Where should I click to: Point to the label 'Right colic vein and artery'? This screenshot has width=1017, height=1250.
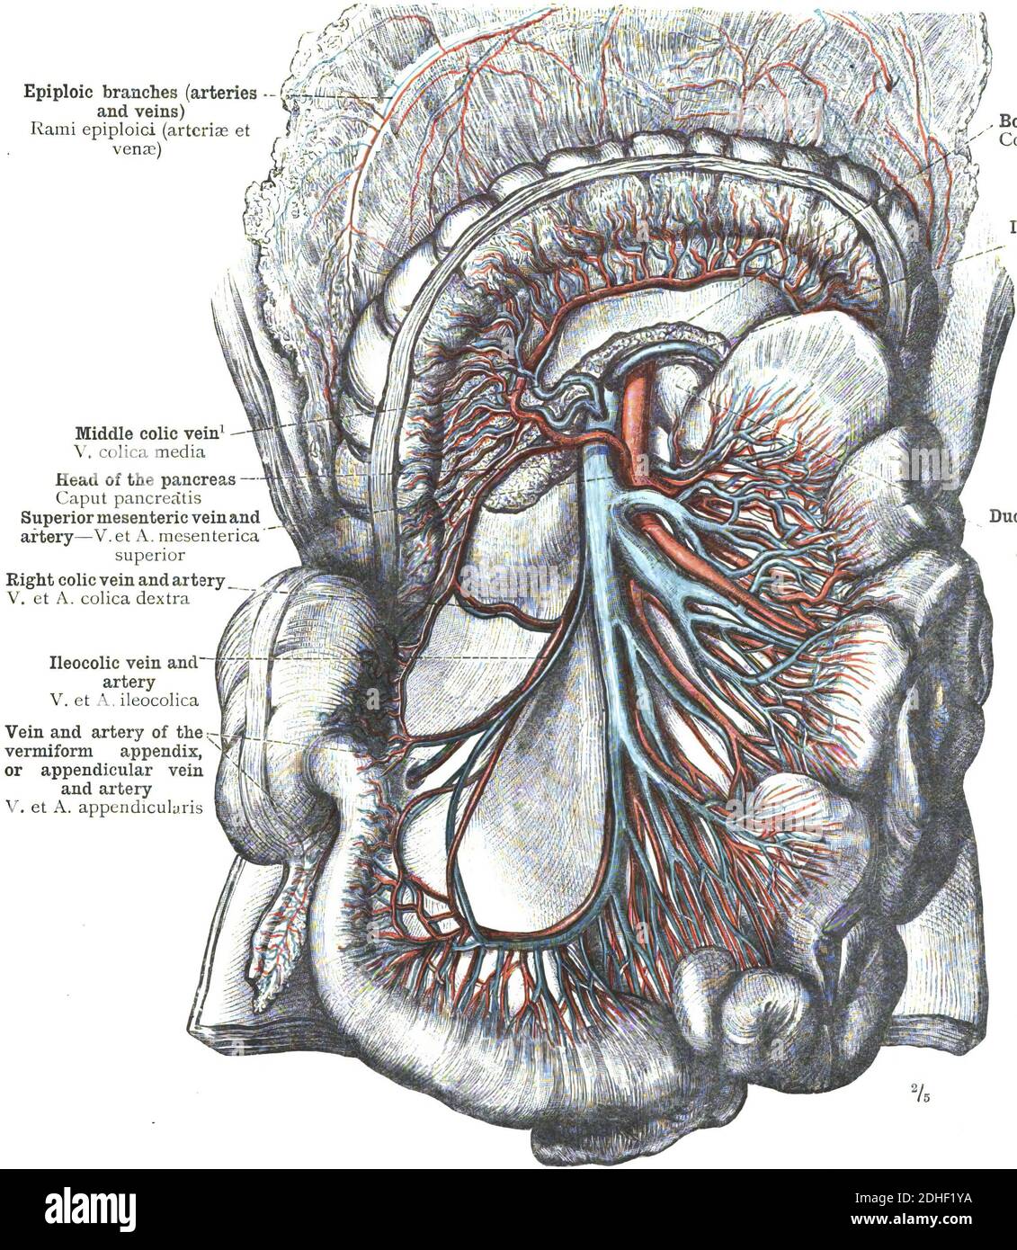(x=114, y=581)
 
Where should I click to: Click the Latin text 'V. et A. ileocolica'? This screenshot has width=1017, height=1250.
(x=124, y=698)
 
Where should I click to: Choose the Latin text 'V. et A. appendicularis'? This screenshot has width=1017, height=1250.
(x=103, y=806)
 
